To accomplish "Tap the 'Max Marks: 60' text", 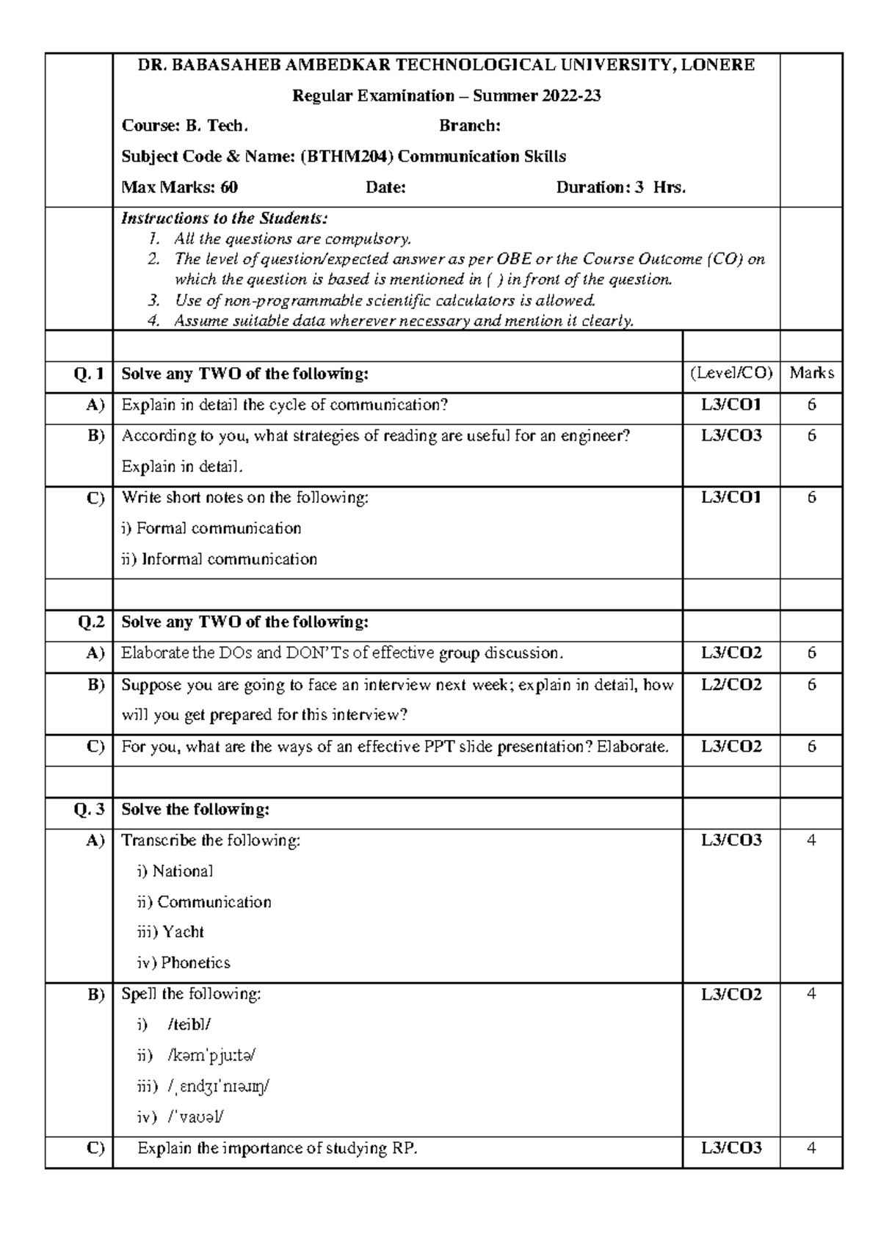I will tap(179, 187).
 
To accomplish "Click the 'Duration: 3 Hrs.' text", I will tap(620, 187).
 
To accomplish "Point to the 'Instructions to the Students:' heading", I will tap(224, 218).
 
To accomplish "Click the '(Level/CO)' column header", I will tap(730, 373).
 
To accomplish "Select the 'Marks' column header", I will tap(811, 373).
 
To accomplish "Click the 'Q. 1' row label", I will tap(89, 374).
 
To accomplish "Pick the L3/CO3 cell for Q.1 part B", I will tap(730, 435).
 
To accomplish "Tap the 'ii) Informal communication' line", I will tap(219, 559).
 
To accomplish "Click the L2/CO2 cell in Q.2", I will tap(730, 684).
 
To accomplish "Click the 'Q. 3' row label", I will tap(89, 810).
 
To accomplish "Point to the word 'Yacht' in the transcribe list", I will tap(183, 932).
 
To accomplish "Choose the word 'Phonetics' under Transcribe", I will tap(195, 963).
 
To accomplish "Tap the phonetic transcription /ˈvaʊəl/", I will tap(196, 1117).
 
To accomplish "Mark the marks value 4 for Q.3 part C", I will tap(811, 1148).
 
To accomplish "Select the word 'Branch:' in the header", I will tap(470, 126).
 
